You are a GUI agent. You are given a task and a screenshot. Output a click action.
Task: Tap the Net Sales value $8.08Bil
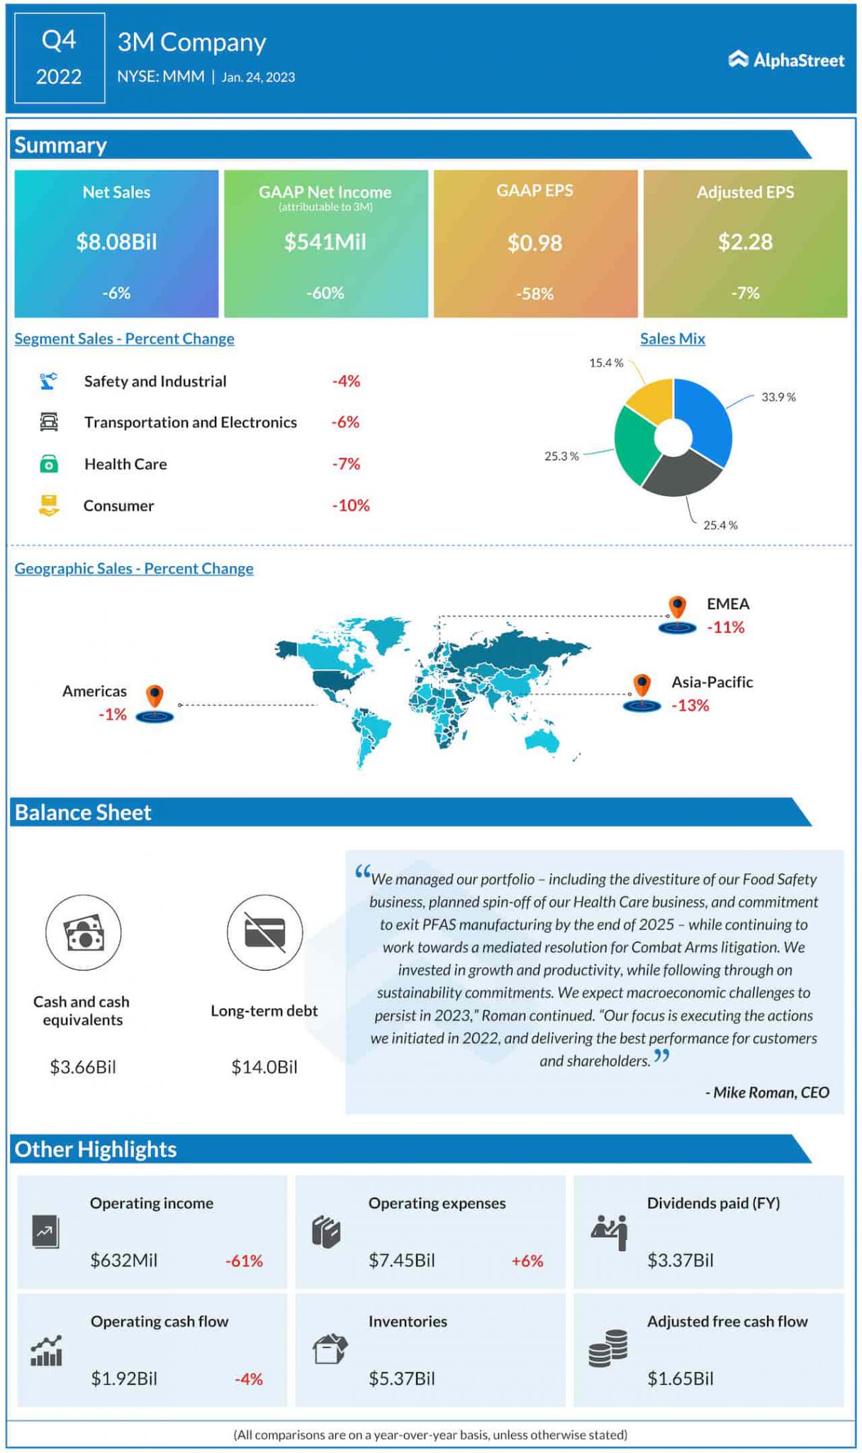pyautogui.click(x=116, y=242)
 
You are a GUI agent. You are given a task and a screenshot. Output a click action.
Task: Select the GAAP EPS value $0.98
pyautogui.click(x=534, y=243)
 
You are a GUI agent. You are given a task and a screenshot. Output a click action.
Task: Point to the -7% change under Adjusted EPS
pyautogui.click(x=745, y=293)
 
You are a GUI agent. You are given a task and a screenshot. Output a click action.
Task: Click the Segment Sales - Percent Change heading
pyautogui.click(x=124, y=338)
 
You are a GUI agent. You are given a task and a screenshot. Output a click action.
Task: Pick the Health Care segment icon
pyautogui.click(x=48, y=464)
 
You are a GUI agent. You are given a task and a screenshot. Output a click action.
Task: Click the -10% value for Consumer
pyautogui.click(x=351, y=505)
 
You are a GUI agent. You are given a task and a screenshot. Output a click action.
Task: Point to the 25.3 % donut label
pyautogui.click(x=561, y=456)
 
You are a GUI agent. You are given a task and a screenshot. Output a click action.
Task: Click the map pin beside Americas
pyautogui.click(x=155, y=697)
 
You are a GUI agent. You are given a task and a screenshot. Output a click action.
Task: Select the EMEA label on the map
pyautogui.click(x=728, y=604)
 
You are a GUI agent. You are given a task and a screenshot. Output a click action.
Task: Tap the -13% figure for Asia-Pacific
pyautogui.click(x=690, y=705)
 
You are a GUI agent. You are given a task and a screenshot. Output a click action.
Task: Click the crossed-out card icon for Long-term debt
pyautogui.click(x=264, y=932)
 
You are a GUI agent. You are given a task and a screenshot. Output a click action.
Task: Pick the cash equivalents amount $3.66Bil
pyautogui.click(x=82, y=1066)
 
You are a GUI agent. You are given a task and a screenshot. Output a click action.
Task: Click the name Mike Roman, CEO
pyautogui.click(x=767, y=1092)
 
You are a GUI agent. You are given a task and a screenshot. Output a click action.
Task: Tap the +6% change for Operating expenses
pyautogui.click(x=527, y=1261)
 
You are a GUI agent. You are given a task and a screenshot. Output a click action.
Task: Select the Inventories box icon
pyautogui.click(x=330, y=1348)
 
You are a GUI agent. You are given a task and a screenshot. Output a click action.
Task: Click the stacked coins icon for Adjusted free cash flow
pyautogui.click(x=608, y=1347)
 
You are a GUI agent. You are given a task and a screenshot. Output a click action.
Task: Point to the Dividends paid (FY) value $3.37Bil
pyautogui.click(x=680, y=1260)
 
